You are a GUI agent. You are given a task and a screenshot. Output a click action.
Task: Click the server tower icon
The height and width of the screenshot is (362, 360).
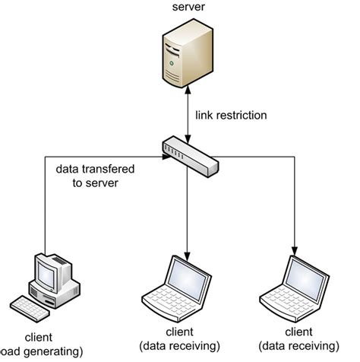pos(179,56)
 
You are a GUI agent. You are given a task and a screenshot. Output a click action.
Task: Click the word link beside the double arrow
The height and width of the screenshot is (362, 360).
pos(205,115)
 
